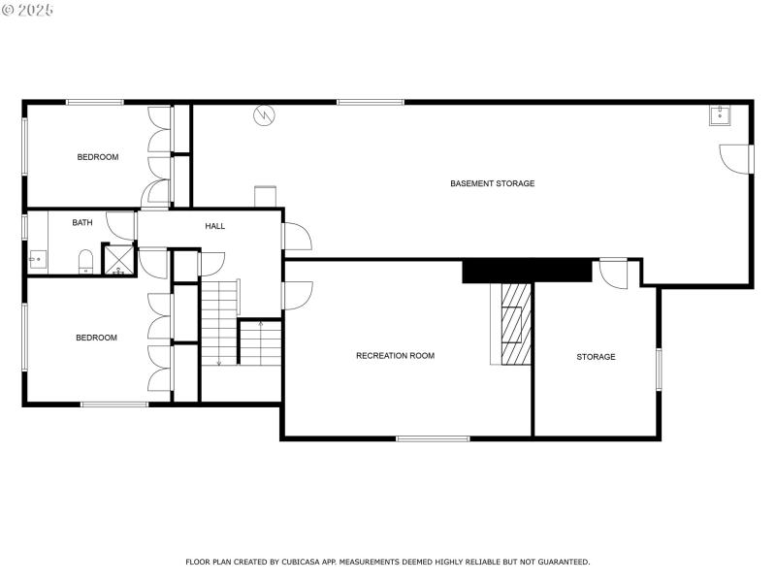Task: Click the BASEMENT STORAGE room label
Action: (x=492, y=183)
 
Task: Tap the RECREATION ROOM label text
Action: (x=395, y=356)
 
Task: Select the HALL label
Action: (x=214, y=226)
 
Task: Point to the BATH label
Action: (x=82, y=223)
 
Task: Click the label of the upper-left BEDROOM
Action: (x=98, y=157)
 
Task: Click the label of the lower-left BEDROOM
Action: (x=96, y=338)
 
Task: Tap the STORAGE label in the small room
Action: (x=596, y=357)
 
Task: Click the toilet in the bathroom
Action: (x=84, y=260)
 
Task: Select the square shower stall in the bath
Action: (x=120, y=259)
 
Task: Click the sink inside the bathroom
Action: (x=38, y=258)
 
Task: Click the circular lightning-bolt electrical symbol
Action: (x=264, y=116)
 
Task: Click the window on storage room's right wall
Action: (x=659, y=370)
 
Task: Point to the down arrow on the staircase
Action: (x=219, y=361)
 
